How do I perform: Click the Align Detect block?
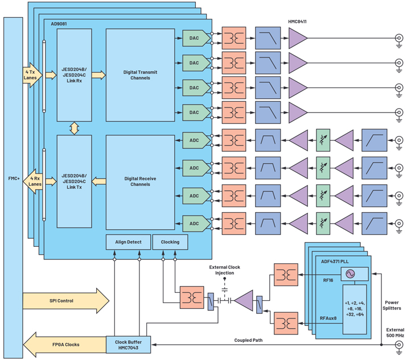click(x=128, y=242)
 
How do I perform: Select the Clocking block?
click(x=170, y=242)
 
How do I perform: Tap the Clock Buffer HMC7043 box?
click(x=128, y=345)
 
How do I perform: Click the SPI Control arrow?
click(x=66, y=301)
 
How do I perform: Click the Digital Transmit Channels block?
click(x=140, y=75)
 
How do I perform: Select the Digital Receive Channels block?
click(x=140, y=182)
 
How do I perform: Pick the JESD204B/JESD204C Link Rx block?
click(x=74, y=75)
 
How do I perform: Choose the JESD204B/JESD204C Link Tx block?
click(x=74, y=181)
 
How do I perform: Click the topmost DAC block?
click(x=196, y=38)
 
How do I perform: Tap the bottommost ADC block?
click(x=196, y=224)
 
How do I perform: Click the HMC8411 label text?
click(x=297, y=22)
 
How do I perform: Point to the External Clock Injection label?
click(x=224, y=270)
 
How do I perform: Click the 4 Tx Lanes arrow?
click(x=32, y=75)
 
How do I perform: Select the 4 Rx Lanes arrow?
click(x=32, y=181)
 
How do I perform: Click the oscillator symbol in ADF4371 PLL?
click(x=350, y=274)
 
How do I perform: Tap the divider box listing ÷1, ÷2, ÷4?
click(x=355, y=309)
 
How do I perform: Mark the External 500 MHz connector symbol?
click(x=399, y=345)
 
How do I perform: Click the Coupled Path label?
click(x=248, y=340)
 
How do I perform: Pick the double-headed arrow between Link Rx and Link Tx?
click(x=74, y=128)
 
